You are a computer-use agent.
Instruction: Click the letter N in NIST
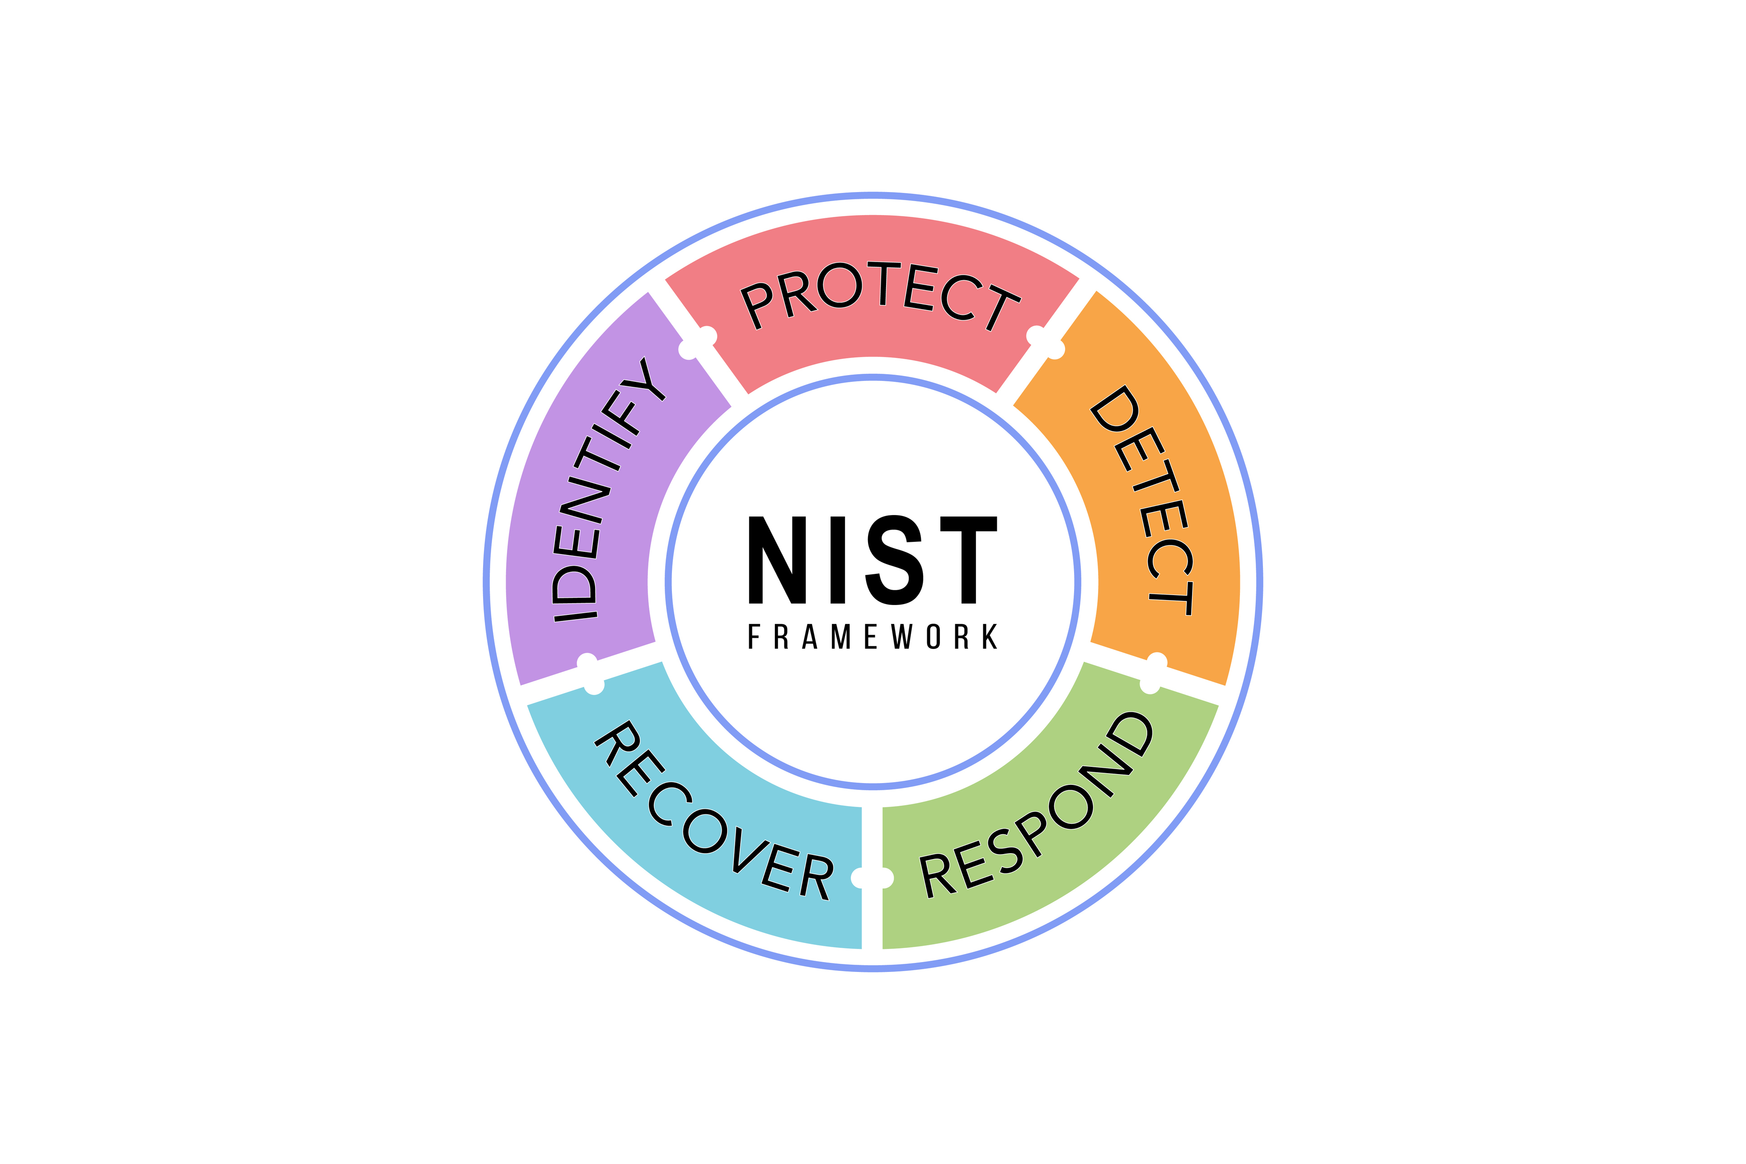[777, 560]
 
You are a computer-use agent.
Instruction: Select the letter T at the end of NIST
[968, 560]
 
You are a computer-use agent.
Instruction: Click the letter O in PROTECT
[840, 285]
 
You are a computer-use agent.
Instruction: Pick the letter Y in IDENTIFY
[644, 380]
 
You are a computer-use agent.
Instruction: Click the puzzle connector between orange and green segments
[1154, 673]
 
